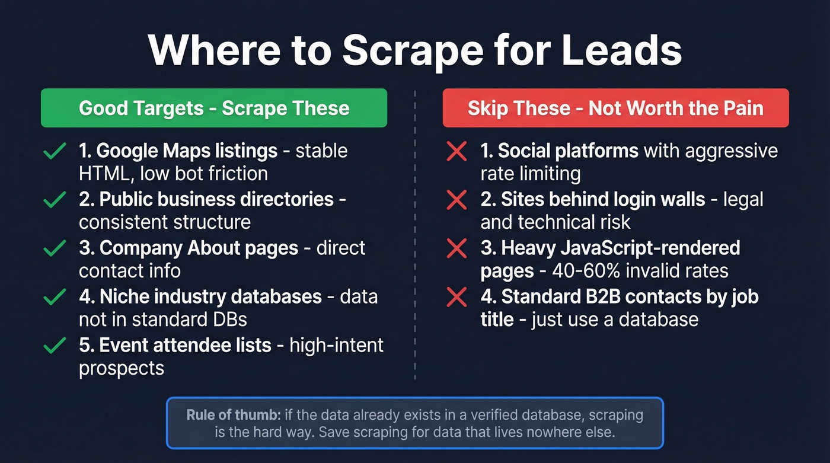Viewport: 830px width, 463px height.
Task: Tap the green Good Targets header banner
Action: tap(214, 108)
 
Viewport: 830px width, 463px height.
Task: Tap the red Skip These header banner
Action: tap(615, 108)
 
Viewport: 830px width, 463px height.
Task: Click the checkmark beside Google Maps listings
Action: tap(55, 152)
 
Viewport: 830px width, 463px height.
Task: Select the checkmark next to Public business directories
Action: tap(55, 201)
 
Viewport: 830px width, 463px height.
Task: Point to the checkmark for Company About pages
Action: tap(55, 249)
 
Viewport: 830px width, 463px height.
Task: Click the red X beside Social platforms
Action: tap(456, 152)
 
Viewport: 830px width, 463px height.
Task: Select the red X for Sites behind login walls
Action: tap(456, 201)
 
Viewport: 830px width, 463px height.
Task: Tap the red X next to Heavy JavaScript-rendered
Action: tap(456, 249)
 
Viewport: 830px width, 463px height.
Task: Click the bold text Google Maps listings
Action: tap(178, 151)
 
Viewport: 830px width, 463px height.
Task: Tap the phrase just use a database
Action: tap(615, 320)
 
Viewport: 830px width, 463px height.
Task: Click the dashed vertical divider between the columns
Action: tap(415, 237)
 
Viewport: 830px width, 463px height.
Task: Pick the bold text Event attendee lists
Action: tap(175, 344)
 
